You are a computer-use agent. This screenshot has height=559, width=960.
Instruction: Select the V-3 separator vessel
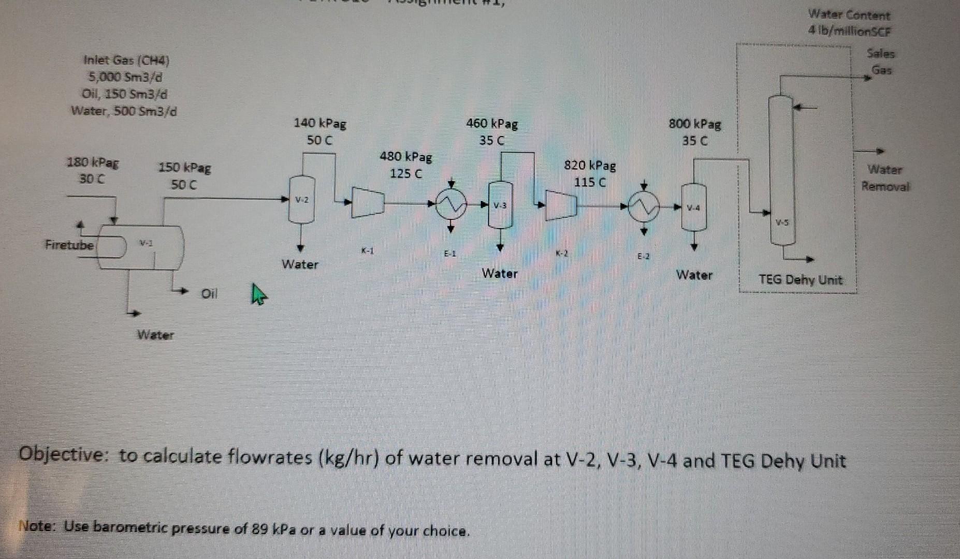[500, 205]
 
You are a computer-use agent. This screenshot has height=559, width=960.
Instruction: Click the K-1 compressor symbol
[368, 202]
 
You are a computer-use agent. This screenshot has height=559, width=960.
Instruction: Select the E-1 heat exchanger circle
[451, 205]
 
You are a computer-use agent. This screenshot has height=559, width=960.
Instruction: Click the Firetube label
[69, 245]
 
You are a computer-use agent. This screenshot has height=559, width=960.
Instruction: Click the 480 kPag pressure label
[406, 156]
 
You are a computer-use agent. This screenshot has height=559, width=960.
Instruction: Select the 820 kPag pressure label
[590, 166]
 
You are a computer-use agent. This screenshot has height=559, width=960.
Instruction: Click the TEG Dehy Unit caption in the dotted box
[801, 280]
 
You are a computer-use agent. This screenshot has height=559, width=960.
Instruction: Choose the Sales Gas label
[881, 62]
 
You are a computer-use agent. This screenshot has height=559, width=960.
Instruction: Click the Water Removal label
[885, 178]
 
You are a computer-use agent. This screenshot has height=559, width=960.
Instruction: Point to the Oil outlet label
[209, 294]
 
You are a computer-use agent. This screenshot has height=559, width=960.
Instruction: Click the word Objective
[62, 455]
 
